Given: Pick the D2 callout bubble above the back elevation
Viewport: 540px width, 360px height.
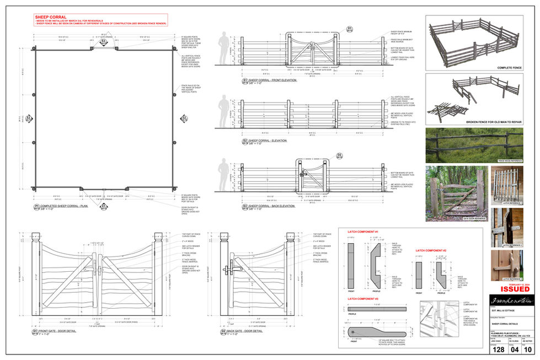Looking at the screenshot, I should [340, 155].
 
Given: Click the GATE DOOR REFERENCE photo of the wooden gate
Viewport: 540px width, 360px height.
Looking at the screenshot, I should [457, 194].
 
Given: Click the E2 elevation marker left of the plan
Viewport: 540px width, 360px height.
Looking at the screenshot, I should [28, 118].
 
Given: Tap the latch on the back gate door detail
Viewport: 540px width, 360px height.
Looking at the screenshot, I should [227, 271].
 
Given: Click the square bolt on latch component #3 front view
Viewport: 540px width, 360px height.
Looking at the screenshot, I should [357, 332].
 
